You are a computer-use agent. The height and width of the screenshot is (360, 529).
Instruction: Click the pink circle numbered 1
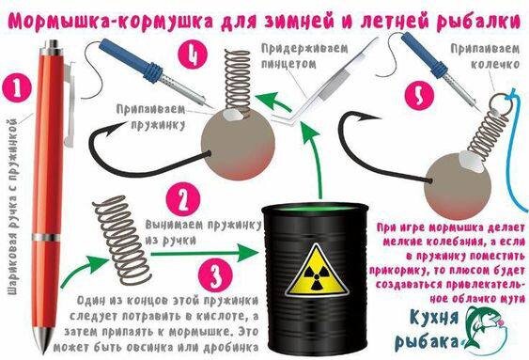pos(17,88)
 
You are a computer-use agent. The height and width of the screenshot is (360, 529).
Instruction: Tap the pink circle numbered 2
pos(183,199)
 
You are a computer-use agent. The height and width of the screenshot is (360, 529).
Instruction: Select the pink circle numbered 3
pos(215,276)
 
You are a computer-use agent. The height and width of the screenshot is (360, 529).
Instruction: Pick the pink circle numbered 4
pos(193,55)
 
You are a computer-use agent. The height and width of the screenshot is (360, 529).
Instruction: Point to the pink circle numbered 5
pos(419,96)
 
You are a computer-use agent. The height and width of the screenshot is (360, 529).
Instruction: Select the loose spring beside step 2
pos(121,240)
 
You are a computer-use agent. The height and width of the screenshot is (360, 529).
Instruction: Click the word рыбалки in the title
pos(478,21)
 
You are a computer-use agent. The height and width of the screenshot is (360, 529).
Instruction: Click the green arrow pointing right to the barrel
pos(203,253)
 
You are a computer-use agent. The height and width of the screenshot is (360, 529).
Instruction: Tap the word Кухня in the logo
pos(434,318)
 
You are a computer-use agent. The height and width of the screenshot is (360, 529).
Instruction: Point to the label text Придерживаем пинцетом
pos(304,56)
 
